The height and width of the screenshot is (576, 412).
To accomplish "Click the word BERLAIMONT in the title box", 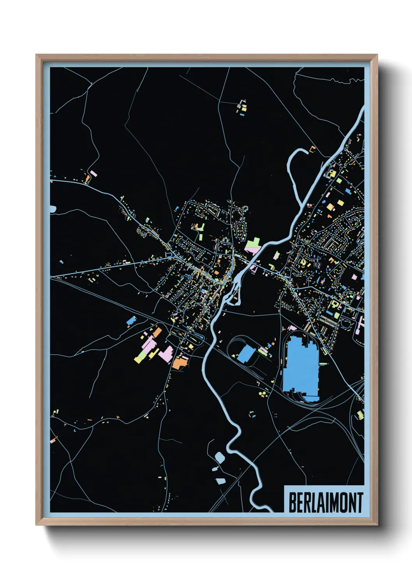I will point(325,502).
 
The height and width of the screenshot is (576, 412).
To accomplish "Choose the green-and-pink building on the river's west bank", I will point(253,246).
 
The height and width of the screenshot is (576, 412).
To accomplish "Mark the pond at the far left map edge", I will point(53,209).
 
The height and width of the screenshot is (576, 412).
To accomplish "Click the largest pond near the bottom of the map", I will point(220,457).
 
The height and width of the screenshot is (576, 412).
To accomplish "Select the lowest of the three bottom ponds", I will point(220,481).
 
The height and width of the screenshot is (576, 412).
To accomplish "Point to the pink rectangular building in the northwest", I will point(93,174).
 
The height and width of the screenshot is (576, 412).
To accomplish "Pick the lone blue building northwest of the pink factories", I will point(131,321).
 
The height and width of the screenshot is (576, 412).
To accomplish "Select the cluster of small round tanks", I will point(263,394).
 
